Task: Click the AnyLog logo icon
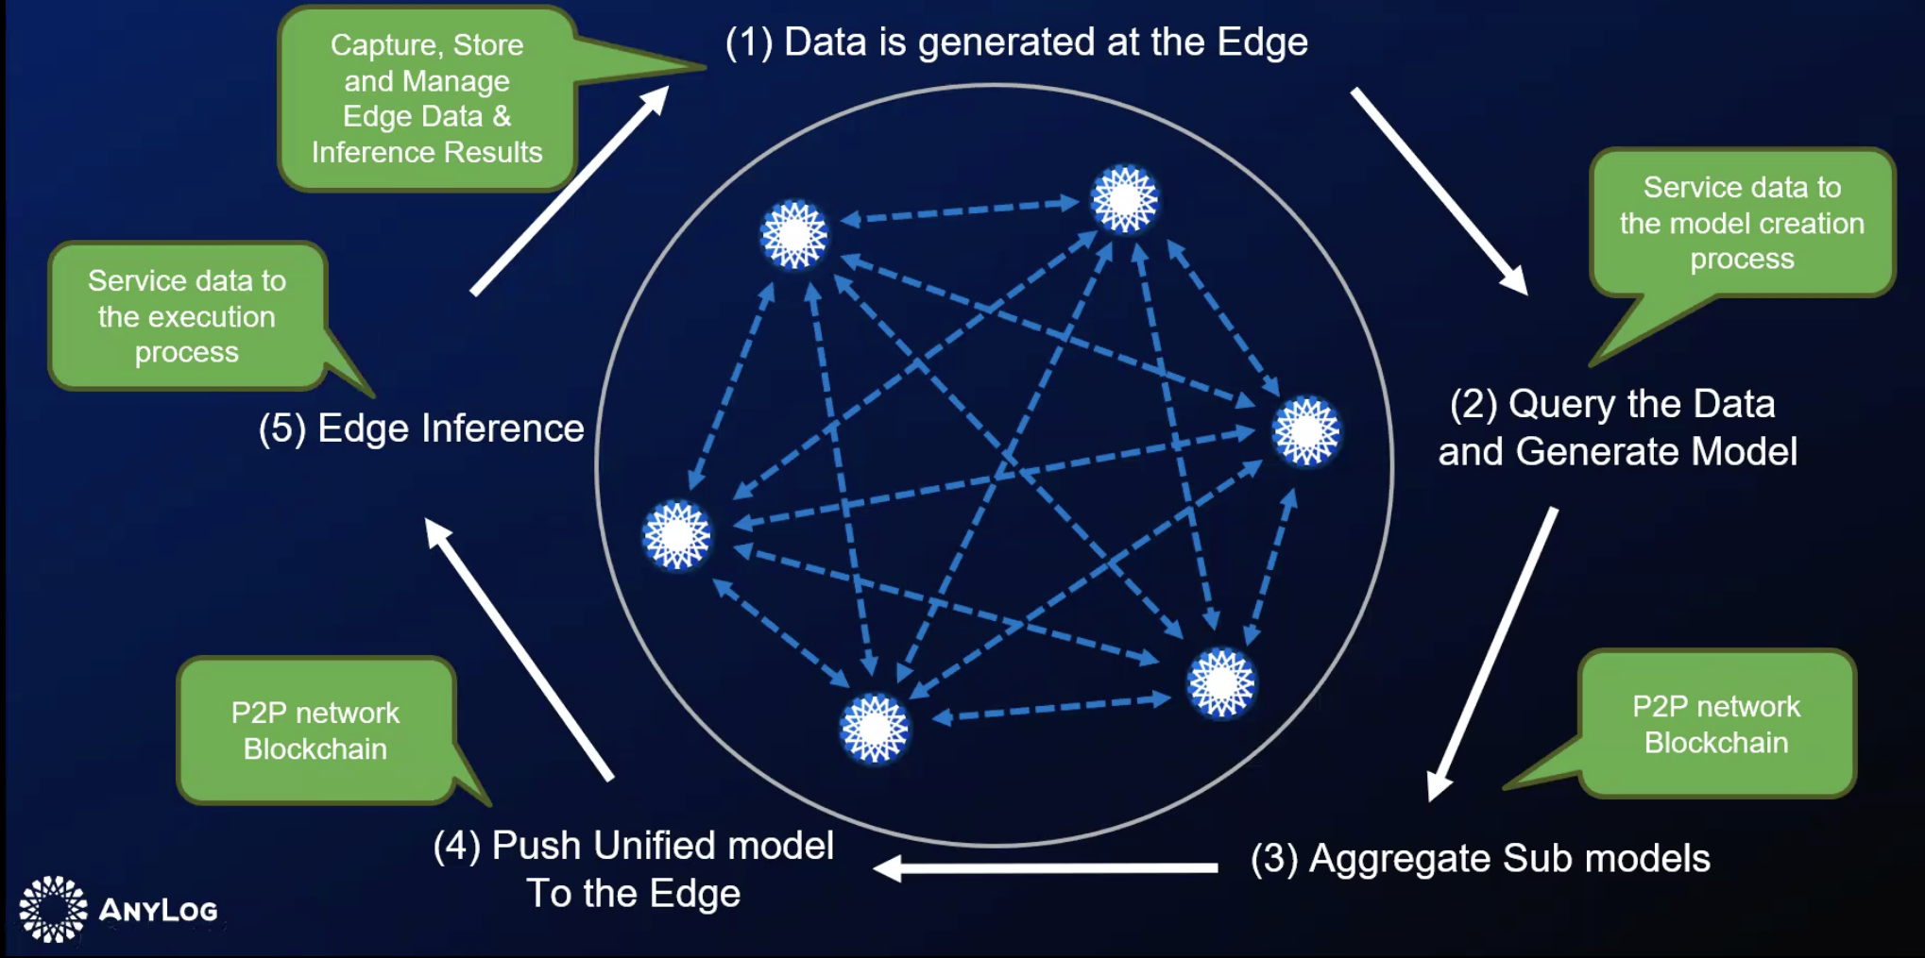click(x=53, y=909)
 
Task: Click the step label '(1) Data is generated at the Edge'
click(x=1016, y=42)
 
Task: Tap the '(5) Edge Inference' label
click(x=421, y=429)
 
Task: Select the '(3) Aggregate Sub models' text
click(x=1480, y=859)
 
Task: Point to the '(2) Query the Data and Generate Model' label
click(x=1616, y=428)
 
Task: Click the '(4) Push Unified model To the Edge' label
click(x=634, y=869)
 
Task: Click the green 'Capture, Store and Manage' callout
click(x=427, y=98)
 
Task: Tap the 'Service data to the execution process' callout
click(x=187, y=316)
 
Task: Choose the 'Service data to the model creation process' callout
click(x=1742, y=223)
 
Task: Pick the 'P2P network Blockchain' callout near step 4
click(x=315, y=731)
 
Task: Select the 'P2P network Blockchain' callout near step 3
click(x=1716, y=724)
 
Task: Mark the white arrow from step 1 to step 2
click(x=1439, y=190)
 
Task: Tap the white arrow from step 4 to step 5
click(x=519, y=649)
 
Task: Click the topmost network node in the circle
click(x=1124, y=199)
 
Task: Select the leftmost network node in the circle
click(x=676, y=536)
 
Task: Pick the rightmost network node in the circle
click(x=1306, y=432)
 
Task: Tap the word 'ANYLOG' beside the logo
click(x=158, y=910)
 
